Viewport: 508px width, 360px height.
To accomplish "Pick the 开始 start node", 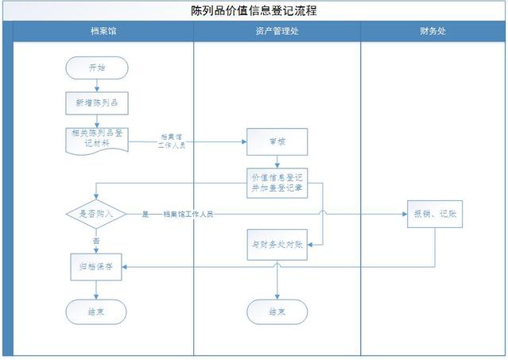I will (96, 68).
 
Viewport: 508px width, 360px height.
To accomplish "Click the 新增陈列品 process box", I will (96, 103).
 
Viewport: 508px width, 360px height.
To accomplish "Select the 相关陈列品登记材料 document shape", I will (96, 139).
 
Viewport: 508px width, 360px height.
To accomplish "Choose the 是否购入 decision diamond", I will (96, 214).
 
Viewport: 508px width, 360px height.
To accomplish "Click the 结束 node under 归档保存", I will (96, 312).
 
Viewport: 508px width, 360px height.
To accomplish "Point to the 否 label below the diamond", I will (96, 240).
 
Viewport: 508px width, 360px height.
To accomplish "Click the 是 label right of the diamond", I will (145, 214).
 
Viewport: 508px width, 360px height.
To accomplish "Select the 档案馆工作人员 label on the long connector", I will (188, 214).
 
